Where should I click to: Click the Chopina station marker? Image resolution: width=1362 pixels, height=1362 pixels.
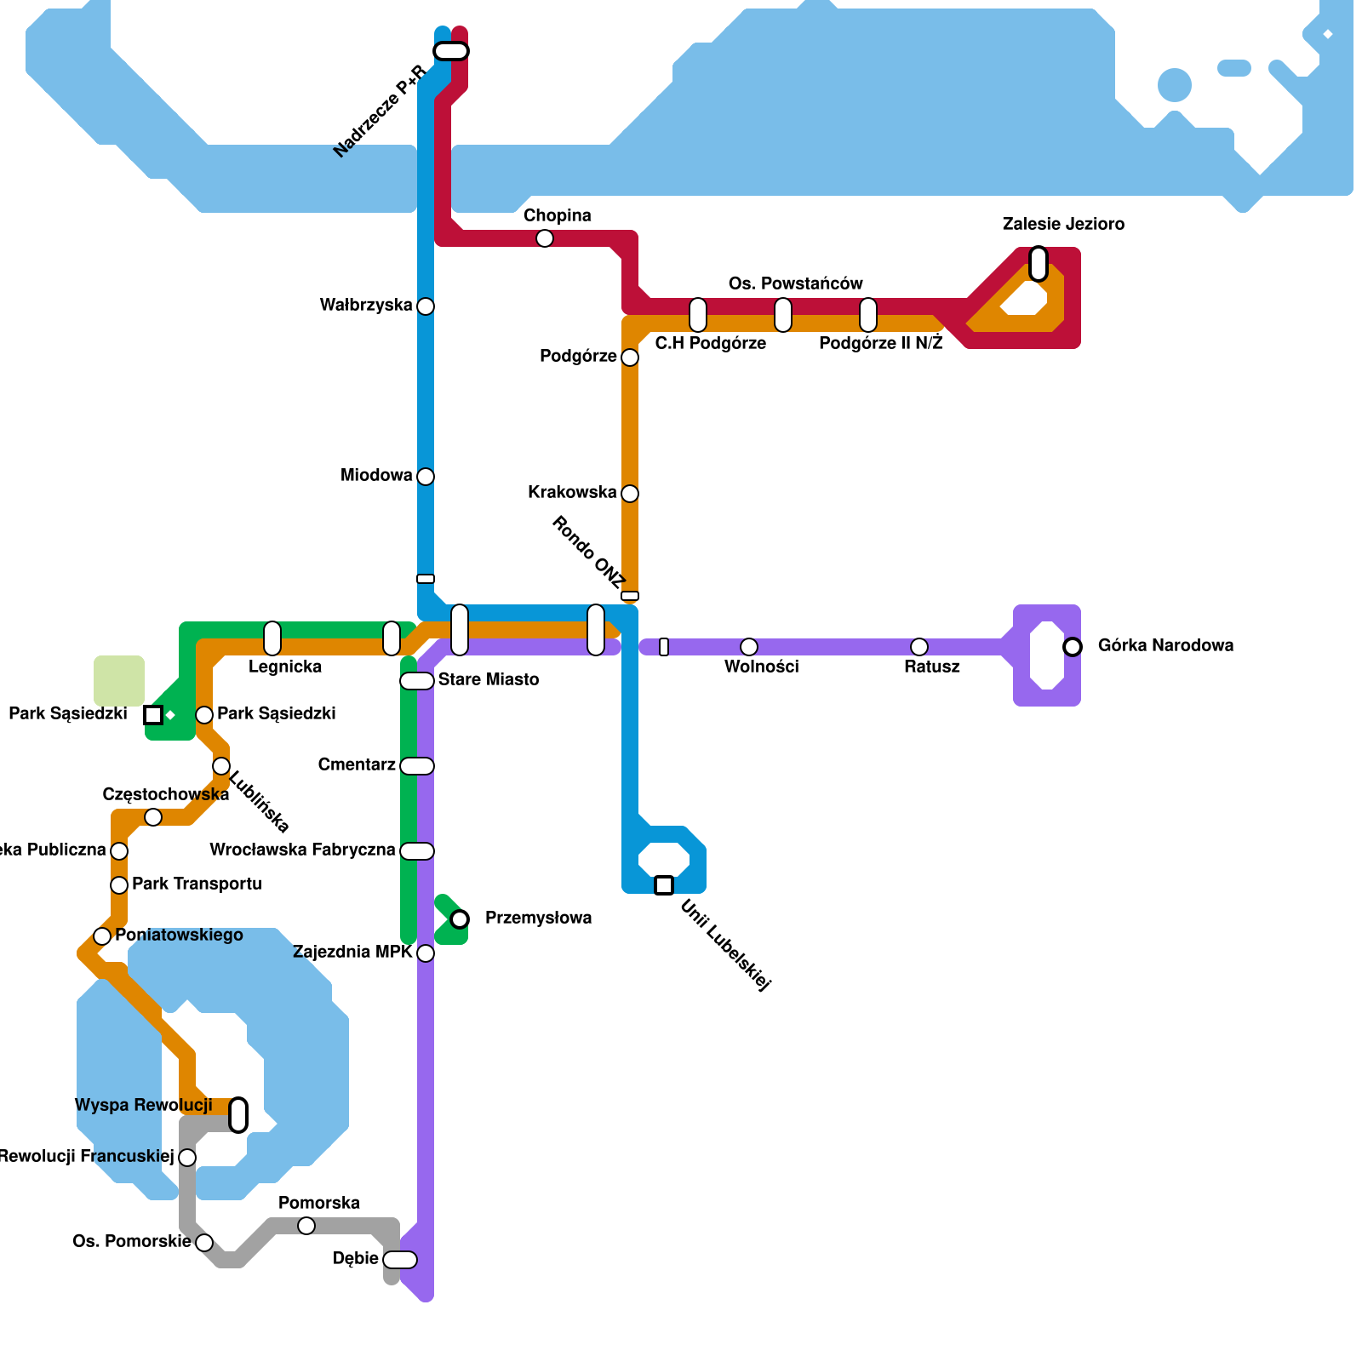tap(545, 239)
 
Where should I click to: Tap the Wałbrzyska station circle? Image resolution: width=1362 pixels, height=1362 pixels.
tap(426, 306)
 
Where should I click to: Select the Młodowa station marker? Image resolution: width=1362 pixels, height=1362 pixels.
tap(426, 477)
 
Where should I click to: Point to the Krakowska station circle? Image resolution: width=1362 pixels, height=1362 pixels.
tap(630, 494)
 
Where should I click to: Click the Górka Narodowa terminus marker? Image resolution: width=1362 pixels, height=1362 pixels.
tap(1073, 647)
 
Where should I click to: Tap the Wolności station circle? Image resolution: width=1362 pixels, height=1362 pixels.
tap(749, 647)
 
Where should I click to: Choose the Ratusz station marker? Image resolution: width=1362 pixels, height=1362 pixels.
tap(919, 647)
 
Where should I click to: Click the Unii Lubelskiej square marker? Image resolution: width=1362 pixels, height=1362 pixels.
tap(664, 885)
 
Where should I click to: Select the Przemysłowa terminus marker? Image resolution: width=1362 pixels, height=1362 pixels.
tap(460, 919)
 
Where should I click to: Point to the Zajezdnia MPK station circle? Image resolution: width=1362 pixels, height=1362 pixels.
tap(426, 953)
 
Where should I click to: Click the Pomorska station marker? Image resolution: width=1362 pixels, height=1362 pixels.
tap(306, 1226)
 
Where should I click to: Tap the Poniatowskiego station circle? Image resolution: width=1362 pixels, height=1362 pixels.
tap(102, 936)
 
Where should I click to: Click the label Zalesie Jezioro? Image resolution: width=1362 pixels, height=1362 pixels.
tap(1063, 225)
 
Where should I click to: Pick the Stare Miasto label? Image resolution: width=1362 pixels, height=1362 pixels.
tap(488, 680)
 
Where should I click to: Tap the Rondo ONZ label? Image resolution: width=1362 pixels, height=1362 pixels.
tap(587, 552)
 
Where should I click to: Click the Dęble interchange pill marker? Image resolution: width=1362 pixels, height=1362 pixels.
tap(400, 1260)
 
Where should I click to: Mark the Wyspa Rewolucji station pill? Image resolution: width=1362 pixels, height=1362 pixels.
tap(239, 1115)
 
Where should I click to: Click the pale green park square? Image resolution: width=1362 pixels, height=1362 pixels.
tap(119, 681)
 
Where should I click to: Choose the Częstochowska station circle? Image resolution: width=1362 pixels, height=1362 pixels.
tap(153, 818)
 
